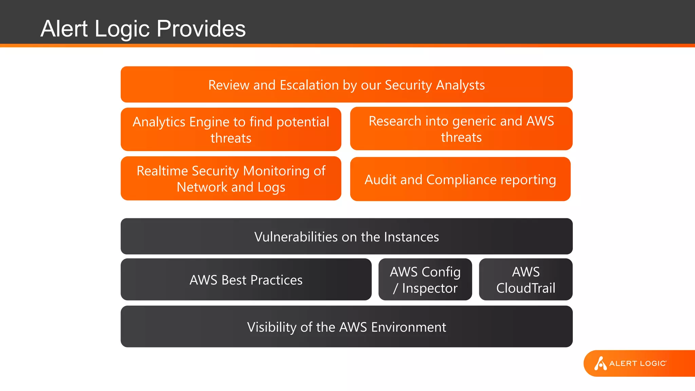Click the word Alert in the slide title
(x=64, y=29)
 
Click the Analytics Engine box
(x=231, y=130)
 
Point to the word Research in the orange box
(x=395, y=121)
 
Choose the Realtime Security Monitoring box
(x=231, y=179)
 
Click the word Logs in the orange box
(x=271, y=188)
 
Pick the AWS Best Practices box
(x=246, y=280)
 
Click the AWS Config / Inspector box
(x=425, y=280)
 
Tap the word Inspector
(x=430, y=288)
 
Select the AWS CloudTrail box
(x=525, y=280)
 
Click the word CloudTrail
(x=525, y=288)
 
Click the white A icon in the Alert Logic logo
(x=600, y=364)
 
